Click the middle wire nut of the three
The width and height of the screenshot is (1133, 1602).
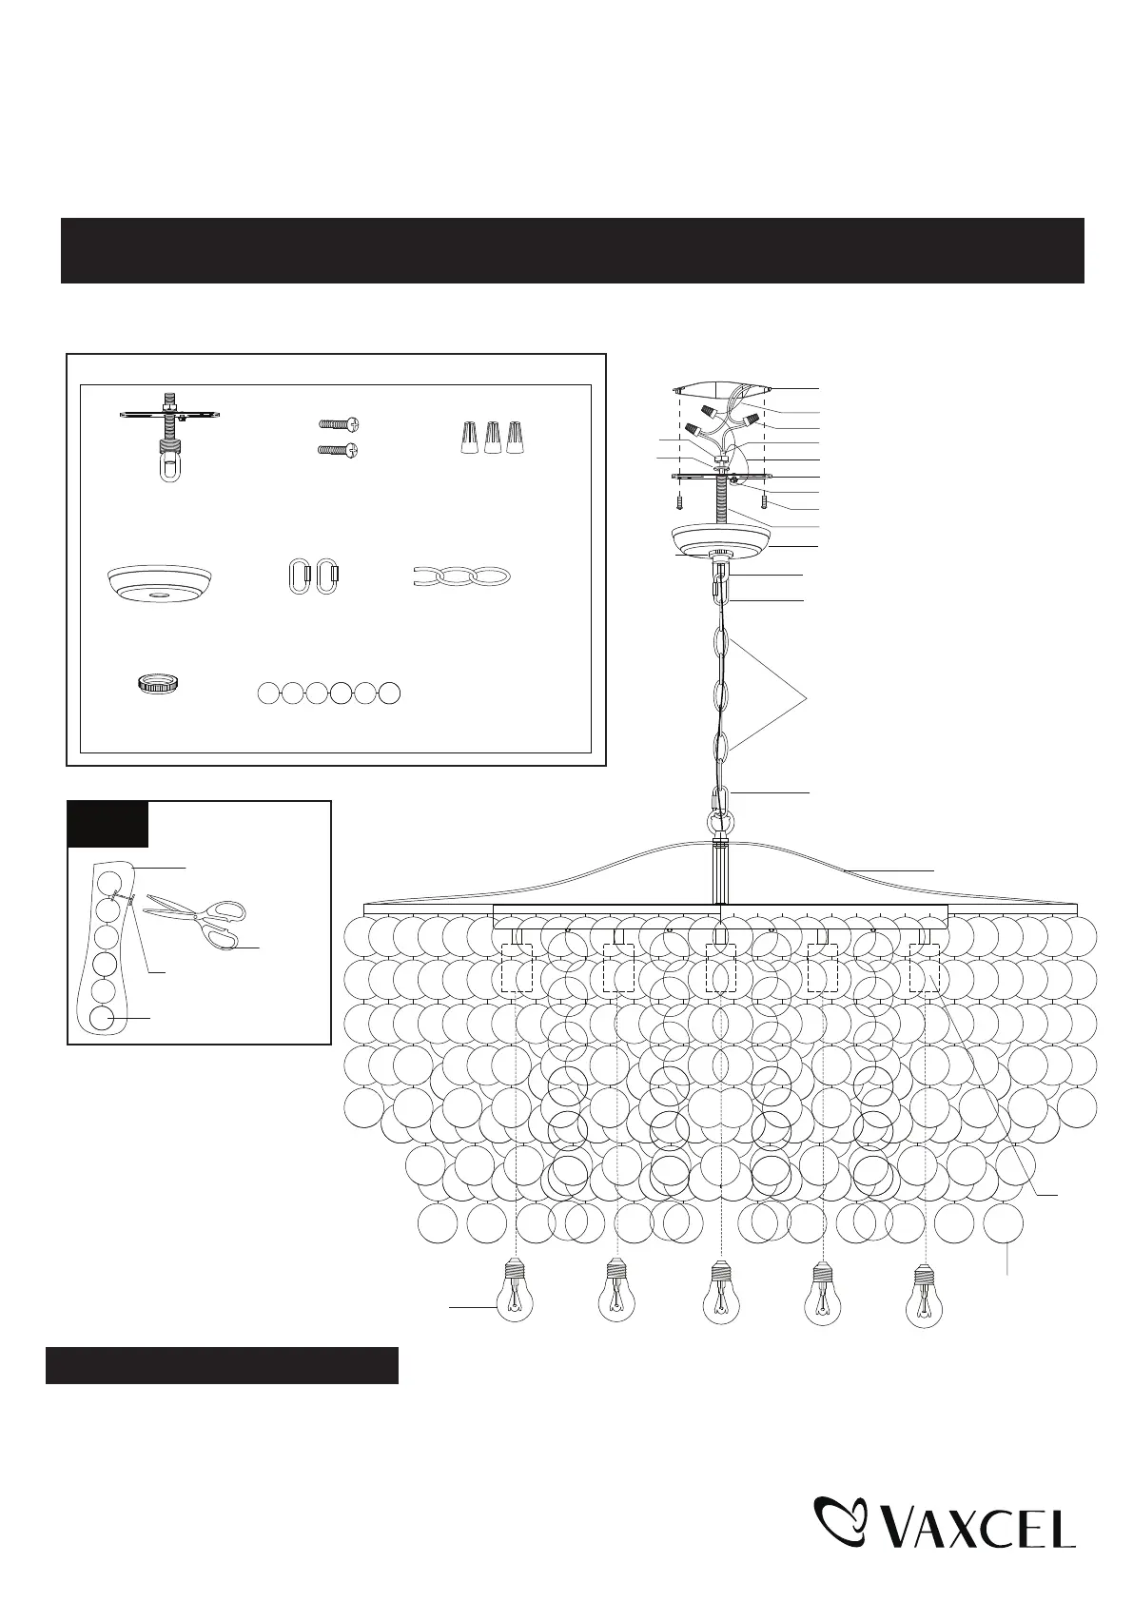coord(493,438)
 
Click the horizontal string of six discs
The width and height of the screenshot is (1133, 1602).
coord(329,694)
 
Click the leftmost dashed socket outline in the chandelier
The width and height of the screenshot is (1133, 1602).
coord(517,968)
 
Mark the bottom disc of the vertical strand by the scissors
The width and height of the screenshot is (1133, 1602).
coord(106,1019)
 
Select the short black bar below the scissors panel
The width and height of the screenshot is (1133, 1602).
coord(222,1365)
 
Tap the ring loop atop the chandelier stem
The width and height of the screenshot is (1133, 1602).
coord(721,820)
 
